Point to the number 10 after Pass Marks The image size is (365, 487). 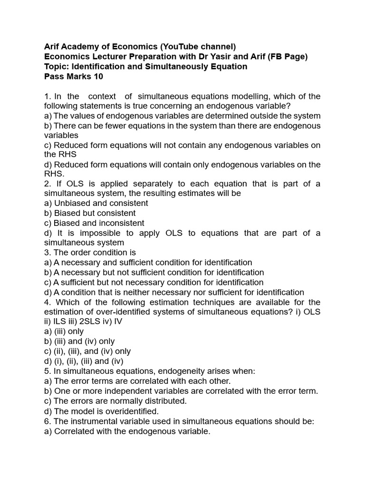pyautogui.click(x=97, y=77)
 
